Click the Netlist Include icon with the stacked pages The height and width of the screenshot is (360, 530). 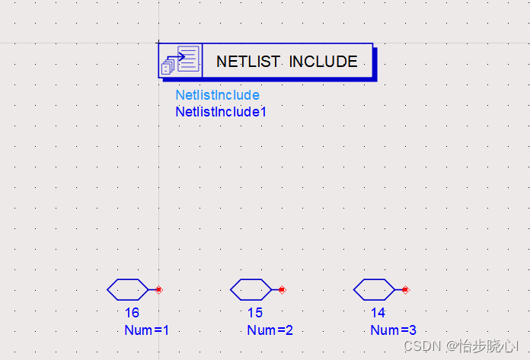[180, 61]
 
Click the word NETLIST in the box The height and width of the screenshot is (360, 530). [247, 62]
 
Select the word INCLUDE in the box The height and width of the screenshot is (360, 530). [323, 62]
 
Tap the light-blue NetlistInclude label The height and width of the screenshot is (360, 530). [217, 95]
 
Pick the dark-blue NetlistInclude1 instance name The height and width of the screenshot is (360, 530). [221, 112]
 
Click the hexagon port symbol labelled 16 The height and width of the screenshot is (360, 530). [128, 289]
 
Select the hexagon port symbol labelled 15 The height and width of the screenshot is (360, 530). [251, 289]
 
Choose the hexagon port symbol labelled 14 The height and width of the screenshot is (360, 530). [374, 289]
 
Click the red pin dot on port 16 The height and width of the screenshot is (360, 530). [158, 289]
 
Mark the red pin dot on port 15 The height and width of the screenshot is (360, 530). [282, 289]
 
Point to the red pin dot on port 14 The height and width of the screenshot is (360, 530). [405, 289]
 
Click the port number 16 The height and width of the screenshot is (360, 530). [132, 313]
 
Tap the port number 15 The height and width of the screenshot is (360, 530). [255, 313]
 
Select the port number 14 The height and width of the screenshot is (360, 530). [378, 313]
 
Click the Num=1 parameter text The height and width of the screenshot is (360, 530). [146, 330]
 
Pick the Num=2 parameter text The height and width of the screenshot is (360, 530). [270, 330]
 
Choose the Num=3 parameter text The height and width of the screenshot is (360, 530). [393, 330]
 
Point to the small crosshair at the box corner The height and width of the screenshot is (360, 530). [158, 43]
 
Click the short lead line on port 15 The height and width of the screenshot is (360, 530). [276, 289]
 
